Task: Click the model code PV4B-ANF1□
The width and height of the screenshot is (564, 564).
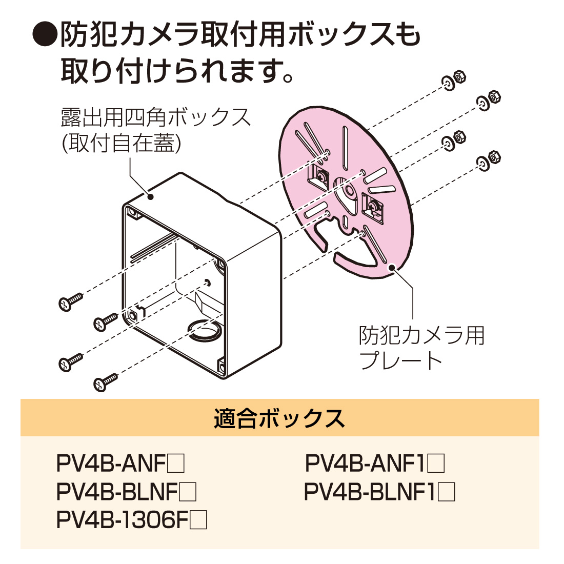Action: pos(375,464)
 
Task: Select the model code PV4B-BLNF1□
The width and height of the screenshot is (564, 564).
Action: pos(379,492)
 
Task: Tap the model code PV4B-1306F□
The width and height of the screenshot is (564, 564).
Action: pos(131,520)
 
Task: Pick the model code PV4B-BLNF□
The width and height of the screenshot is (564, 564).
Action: pos(126,492)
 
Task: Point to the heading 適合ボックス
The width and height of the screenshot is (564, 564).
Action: pos(279,418)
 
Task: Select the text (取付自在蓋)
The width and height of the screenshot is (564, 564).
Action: pos(121,144)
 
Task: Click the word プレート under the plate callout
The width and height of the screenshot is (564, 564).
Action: pos(400,361)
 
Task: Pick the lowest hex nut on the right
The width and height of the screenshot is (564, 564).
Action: pos(494,156)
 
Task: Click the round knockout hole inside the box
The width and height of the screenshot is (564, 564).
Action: pos(204,330)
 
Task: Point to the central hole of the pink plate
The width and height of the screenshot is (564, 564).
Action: pos(349,190)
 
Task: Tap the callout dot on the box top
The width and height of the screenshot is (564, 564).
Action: pos(151,196)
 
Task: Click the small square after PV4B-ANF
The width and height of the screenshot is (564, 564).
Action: pos(176,465)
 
